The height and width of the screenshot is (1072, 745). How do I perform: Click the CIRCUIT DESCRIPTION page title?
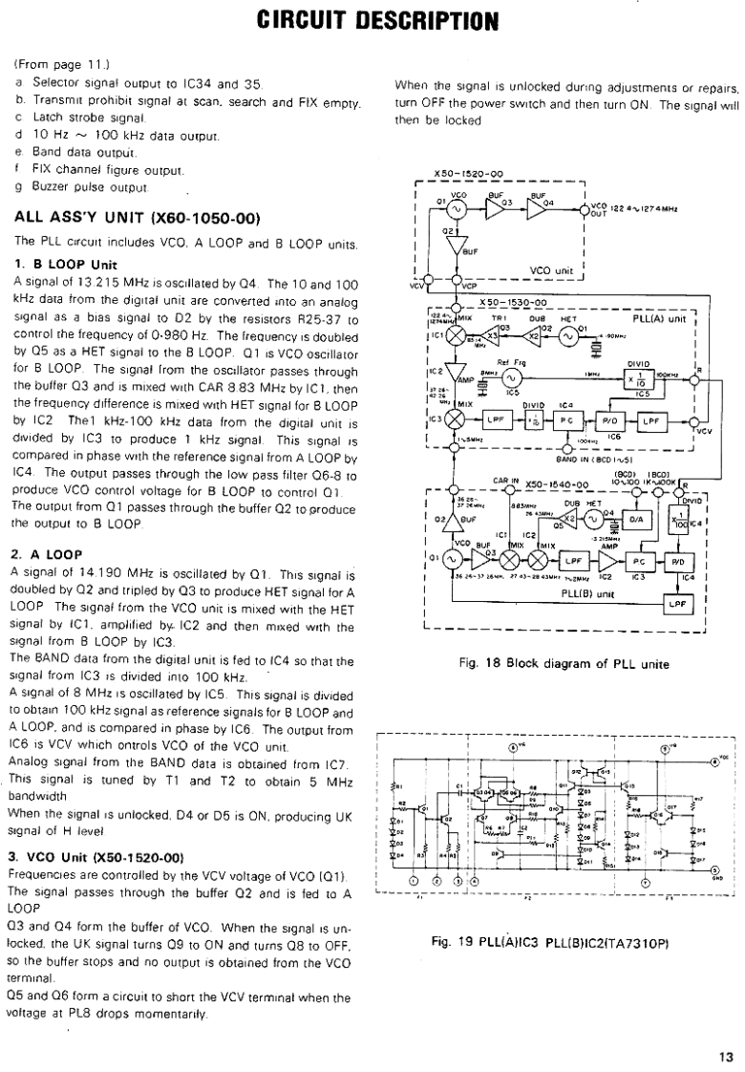click(372, 19)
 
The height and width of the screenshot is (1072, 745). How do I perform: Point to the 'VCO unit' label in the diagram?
click(551, 268)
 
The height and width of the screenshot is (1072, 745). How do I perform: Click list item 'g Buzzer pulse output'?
click(82, 185)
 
